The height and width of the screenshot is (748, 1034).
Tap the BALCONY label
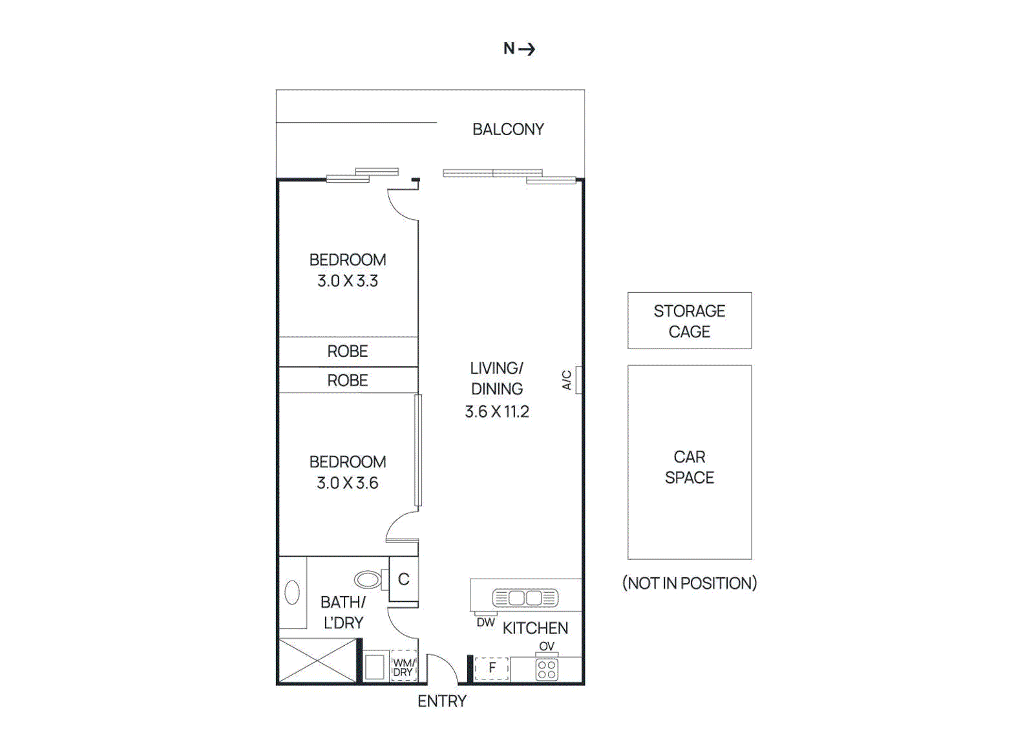point(508,129)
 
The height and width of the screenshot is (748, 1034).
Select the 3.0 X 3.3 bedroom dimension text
point(348,281)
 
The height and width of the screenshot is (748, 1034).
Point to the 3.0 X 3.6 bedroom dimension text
point(348,483)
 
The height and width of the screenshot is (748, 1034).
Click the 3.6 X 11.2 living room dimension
point(497,412)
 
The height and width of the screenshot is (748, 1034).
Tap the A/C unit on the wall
point(578,380)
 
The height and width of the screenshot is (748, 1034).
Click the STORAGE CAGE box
point(690,321)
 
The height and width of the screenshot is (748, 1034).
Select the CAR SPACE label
point(690,467)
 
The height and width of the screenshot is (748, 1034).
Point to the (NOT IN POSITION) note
point(690,583)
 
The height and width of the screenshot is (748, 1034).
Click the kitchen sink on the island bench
point(525,598)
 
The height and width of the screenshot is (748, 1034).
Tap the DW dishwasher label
point(485,623)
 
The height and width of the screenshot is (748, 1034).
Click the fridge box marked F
point(492,668)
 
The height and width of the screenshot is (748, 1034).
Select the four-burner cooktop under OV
point(547,670)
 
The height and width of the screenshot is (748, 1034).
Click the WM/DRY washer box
point(403,667)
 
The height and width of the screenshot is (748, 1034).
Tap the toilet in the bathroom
point(368,579)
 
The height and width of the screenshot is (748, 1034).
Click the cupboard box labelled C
point(404,579)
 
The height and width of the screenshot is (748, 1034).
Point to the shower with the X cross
point(317,660)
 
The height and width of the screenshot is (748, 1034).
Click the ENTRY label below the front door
point(442,701)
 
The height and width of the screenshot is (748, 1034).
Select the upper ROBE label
point(348,351)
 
